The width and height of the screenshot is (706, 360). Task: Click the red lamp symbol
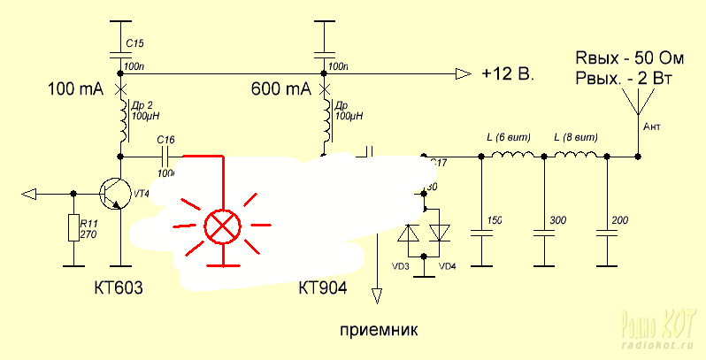tap(223, 227)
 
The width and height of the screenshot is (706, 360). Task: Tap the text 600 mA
tap(280, 90)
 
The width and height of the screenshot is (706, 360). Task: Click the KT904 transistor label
tap(322, 289)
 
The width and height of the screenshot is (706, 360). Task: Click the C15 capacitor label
tap(134, 42)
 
